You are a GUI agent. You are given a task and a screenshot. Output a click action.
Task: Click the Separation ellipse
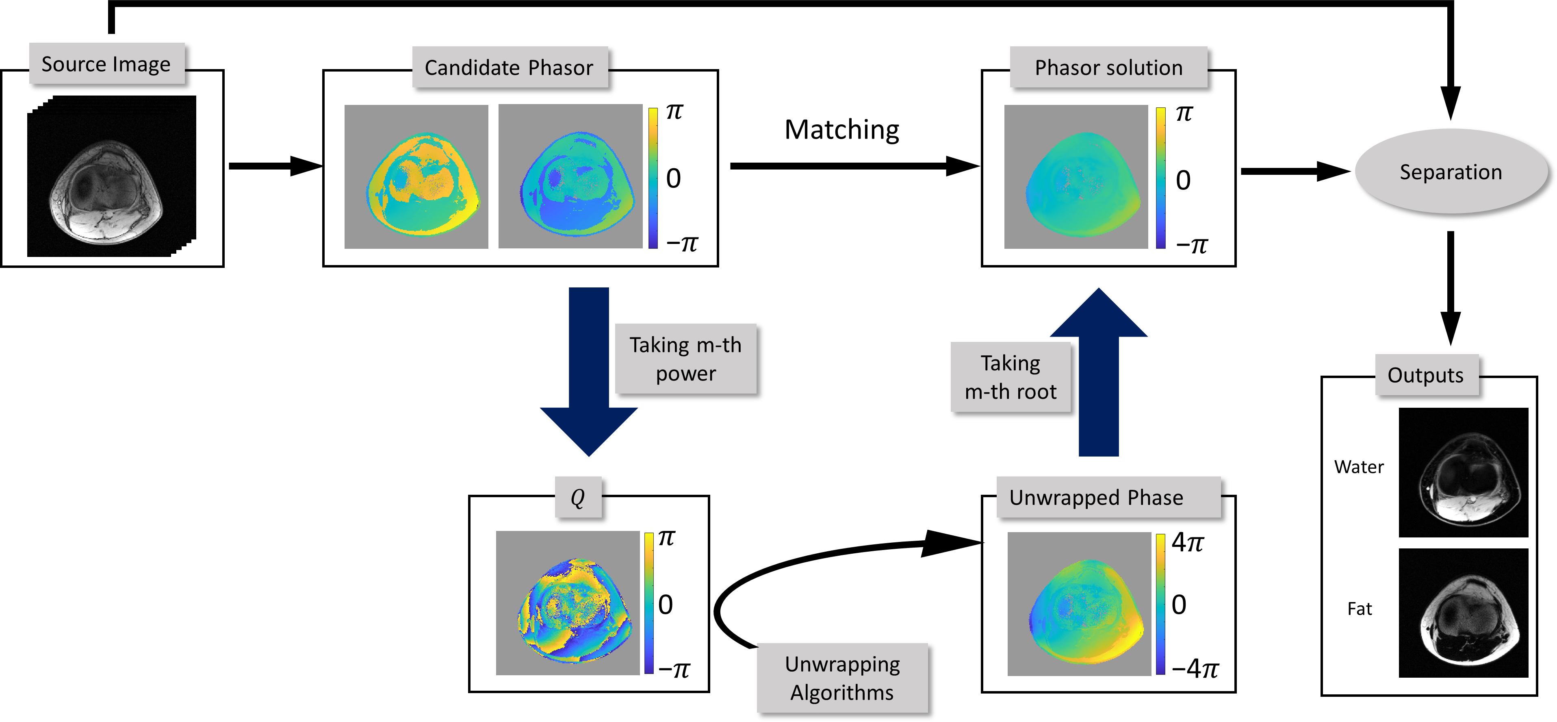(x=1451, y=172)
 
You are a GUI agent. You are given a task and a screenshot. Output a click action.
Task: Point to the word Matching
(x=841, y=130)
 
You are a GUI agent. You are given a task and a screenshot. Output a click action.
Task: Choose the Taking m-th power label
(x=685, y=359)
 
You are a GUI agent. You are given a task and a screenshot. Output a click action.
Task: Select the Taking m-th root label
(x=1011, y=377)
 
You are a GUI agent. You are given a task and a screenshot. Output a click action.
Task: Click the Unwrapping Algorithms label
(x=842, y=678)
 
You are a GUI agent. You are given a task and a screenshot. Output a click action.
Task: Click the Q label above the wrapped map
(x=578, y=497)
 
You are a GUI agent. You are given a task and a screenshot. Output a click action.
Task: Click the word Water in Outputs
(x=1359, y=467)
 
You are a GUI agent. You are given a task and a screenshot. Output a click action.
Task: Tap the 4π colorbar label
(x=1187, y=542)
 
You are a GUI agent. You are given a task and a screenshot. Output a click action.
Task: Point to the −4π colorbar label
(x=1195, y=668)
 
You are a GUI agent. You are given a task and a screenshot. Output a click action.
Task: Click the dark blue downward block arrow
(x=589, y=371)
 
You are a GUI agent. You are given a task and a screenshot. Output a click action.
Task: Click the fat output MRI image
(x=1463, y=613)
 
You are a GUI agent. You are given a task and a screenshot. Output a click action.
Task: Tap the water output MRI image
(x=1463, y=472)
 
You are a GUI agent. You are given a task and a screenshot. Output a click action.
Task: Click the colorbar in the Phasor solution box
(x=1160, y=178)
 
